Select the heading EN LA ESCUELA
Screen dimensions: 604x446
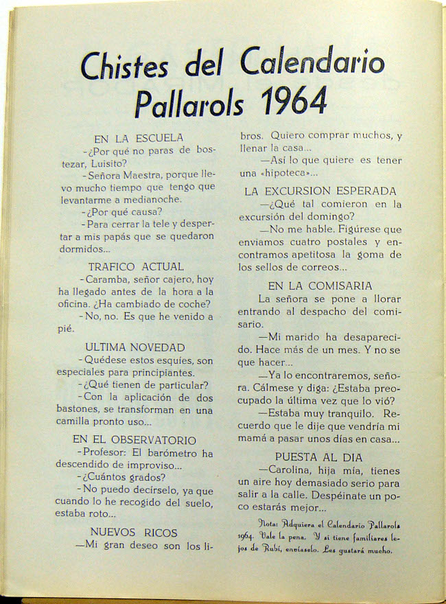pos(139,138)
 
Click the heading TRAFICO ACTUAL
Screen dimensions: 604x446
pos(136,266)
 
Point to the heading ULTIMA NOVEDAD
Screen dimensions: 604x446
pos(135,347)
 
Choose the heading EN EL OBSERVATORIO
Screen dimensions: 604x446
pos(134,440)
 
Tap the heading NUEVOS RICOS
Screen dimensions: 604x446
pos(134,532)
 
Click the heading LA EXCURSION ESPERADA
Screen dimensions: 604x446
pos(320,191)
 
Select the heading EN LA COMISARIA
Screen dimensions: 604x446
pos(320,286)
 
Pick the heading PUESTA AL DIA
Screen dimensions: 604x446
pos(320,457)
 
